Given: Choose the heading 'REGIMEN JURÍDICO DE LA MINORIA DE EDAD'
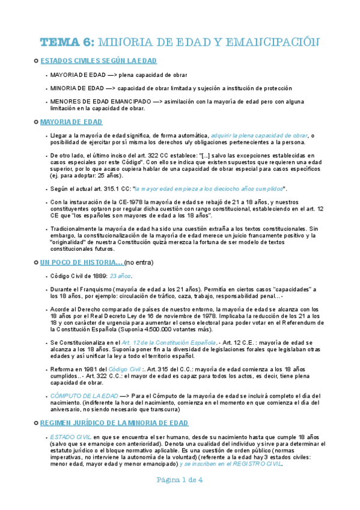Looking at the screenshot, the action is (x=114, y=423).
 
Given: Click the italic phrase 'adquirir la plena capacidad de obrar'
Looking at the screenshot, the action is (x=260, y=135).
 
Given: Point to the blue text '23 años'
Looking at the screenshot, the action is (x=121, y=276).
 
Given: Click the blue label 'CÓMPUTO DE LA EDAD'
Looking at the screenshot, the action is (x=84, y=395).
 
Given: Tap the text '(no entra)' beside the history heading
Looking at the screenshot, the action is (x=140, y=263).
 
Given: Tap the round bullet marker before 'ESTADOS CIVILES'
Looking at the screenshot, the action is (x=36, y=61).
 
